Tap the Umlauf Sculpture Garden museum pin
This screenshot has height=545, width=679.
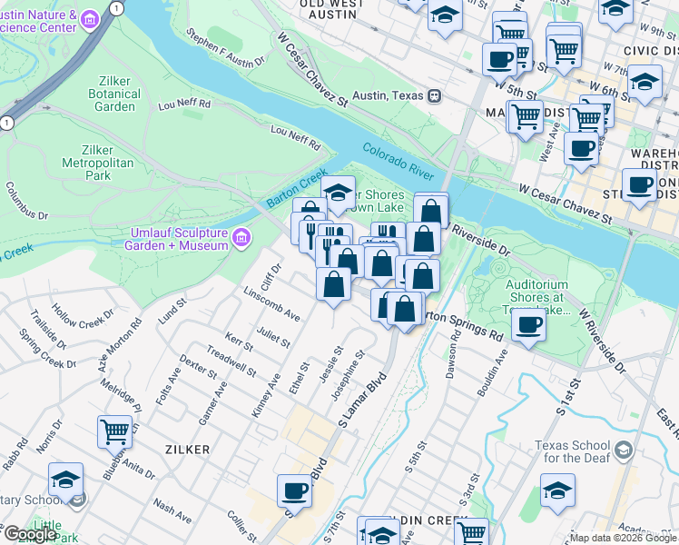pos(241,239)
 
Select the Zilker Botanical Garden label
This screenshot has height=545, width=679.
pos(114,94)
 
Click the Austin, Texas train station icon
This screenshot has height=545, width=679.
pos(435,94)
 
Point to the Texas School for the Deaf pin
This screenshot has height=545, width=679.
pos(623,451)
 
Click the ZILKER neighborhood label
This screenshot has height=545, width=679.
pos(188,450)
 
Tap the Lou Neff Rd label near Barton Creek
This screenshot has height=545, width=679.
pos(296,138)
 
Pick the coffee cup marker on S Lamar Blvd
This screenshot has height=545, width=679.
pos(294,490)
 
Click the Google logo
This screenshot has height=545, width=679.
pos(29,534)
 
